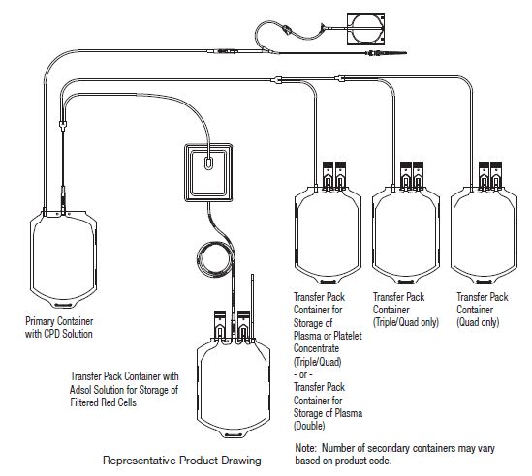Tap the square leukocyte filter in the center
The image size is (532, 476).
[208, 173]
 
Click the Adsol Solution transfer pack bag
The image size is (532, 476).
[234, 386]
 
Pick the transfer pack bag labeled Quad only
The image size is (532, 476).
[484, 235]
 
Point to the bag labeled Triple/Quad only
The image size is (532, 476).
[406, 235]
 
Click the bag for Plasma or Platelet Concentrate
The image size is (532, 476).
[328, 235]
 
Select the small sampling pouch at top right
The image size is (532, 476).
[365, 28]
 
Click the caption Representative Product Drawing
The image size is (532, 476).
[182, 461]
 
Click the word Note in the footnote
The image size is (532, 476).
[305, 448]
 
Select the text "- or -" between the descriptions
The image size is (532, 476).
[302, 374]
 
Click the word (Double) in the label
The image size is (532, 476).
[309, 426]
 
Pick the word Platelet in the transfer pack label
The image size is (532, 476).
[348, 336]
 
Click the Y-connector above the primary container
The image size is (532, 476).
[63, 125]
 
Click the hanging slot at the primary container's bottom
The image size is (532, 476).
[63, 306]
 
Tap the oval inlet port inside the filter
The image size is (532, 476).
[209, 164]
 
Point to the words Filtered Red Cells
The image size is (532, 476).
[103, 402]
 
